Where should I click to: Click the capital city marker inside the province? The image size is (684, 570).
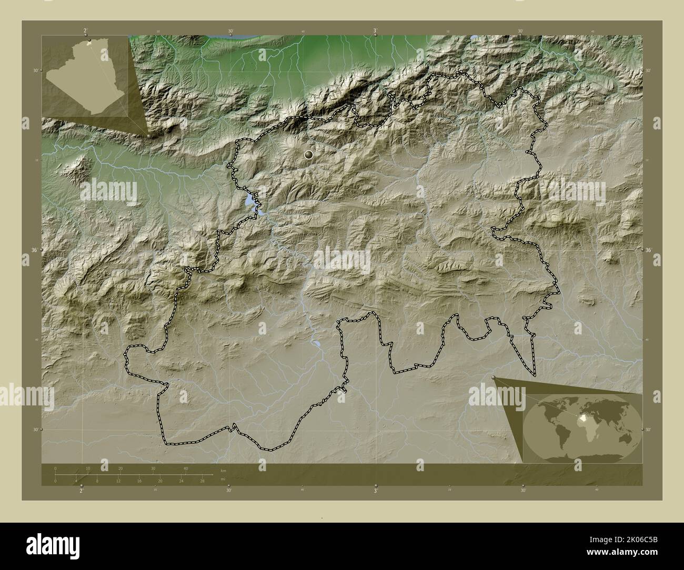pyautogui.click(x=308, y=155)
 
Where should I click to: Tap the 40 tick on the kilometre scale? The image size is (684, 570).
pyautogui.click(x=185, y=469)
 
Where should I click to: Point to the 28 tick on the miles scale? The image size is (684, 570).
pyautogui.click(x=202, y=481)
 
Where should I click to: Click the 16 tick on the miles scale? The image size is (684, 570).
pyautogui.click(x=139, y=481)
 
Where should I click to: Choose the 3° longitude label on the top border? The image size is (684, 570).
pyautogui.click(x=375, y=31)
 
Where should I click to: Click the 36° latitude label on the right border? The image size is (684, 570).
pyautogui.click(x=648, y=250)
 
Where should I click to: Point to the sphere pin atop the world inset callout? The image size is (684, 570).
pyautogui.click(x=493, y=377)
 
